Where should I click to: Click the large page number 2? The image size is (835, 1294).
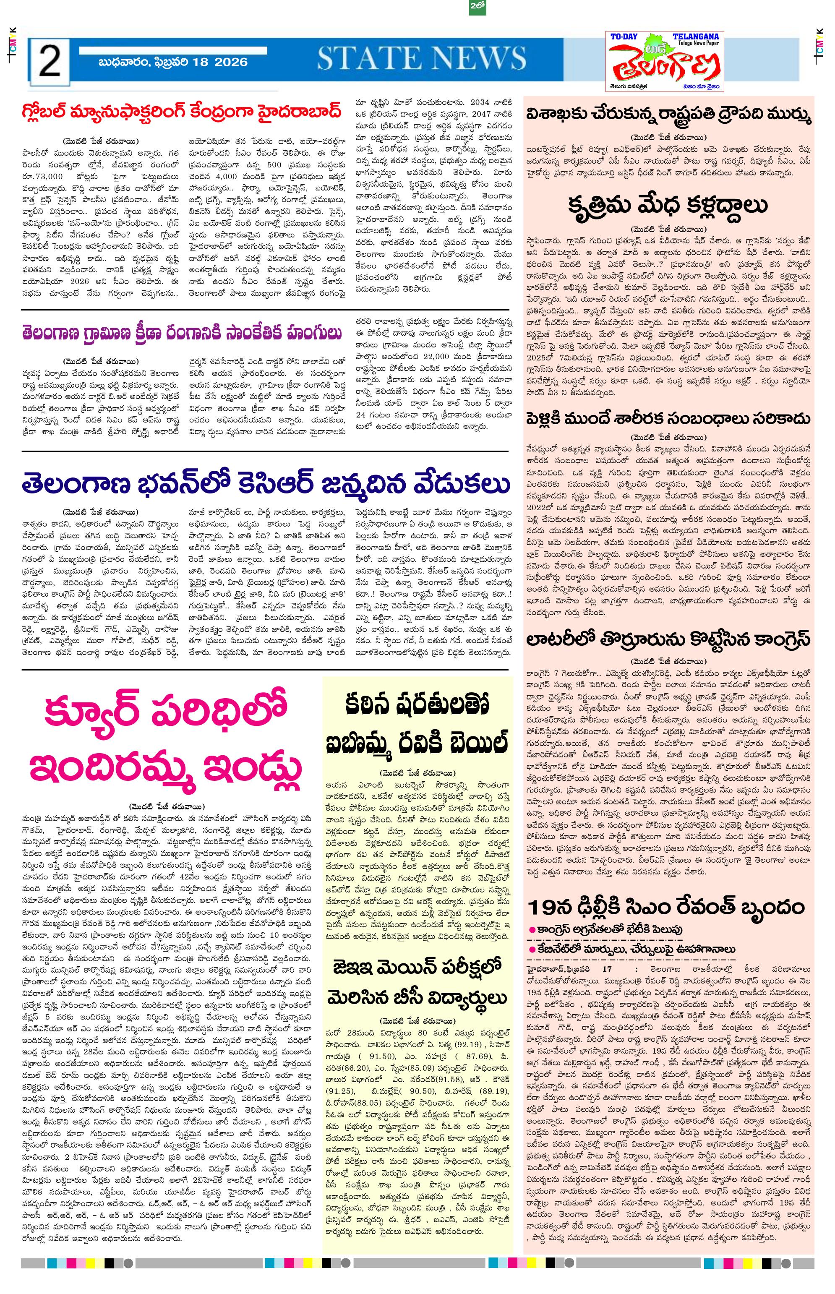click(x=50, y=61)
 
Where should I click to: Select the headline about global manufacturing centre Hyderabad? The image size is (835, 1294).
click(x=182, y=113)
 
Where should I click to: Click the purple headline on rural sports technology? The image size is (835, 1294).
click(x=182, y=332)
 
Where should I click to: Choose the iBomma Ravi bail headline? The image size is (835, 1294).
click(x=417, y=724)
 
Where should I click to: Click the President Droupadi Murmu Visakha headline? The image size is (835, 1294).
click(x=668, y=116)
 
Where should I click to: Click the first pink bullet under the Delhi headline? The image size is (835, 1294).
click(x=533, y=930)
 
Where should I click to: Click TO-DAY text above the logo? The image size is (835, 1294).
click(x=624, y=37)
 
